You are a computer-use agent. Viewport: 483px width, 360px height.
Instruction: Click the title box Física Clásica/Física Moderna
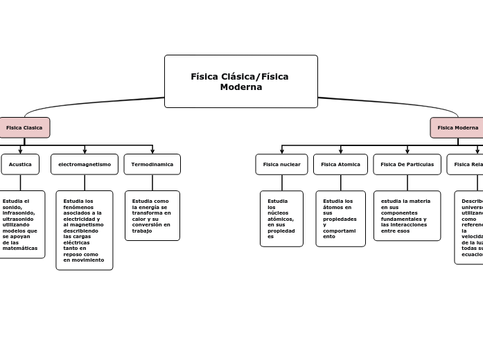click(240, 81)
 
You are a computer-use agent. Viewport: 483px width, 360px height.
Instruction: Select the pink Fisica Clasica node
click(24, 127)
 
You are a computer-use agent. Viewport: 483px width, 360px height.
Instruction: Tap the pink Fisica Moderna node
click(457, 127)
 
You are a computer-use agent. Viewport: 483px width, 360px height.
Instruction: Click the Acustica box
click(20, 164)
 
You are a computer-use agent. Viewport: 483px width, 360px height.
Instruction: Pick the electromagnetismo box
click(85, 164)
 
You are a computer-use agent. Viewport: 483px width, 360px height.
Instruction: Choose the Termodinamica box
click(152, 164)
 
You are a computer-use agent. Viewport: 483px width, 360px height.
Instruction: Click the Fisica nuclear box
click(281, 164)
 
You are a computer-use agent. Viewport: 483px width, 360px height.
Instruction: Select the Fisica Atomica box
click(340, 164)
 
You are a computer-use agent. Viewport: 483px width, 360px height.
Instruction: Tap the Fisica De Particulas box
click(407, 164)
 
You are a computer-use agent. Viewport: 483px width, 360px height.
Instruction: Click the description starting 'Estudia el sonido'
click(20, 224)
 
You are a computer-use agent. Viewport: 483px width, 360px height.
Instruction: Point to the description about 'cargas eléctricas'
click(84, 230)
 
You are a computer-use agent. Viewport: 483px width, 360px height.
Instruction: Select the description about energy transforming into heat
click(152, 215)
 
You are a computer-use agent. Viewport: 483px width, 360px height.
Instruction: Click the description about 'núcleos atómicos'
click(281, 218)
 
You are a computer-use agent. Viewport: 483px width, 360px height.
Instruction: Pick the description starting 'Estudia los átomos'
click(340, 218)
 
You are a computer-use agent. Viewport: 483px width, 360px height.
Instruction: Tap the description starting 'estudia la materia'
click(407, 215)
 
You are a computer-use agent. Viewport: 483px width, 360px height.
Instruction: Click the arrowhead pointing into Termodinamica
click(152, 151)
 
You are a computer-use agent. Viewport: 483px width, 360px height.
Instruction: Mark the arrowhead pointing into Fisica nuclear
click(282, 151)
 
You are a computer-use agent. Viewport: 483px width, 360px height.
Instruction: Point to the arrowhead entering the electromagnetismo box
click(85, 151)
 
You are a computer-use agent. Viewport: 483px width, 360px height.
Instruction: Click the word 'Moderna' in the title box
click(240, 87)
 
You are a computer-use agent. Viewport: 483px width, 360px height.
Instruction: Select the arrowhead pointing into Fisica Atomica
click(340, 151)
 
